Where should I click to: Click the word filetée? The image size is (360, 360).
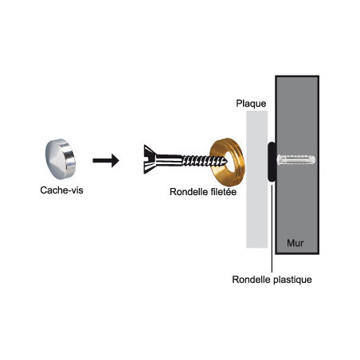click(226, 192)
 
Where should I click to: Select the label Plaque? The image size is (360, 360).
click(251, 104)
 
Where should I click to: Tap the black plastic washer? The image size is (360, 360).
click(272, 162)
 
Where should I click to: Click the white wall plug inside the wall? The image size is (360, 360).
click(296, 163)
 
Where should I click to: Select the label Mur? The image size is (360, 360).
click(295, 240)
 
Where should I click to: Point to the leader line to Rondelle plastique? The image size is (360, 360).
click(272, 231)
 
